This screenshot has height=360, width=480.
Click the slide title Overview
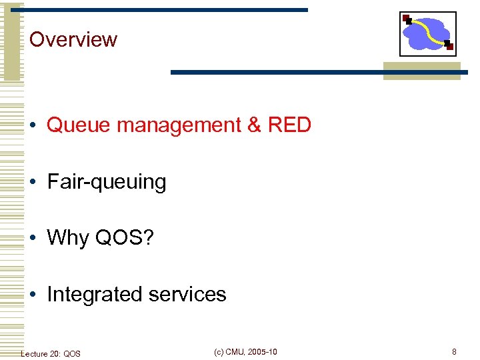click(73, 39)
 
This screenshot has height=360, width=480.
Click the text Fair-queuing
click(106, 182)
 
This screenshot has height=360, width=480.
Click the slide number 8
click(454, 352)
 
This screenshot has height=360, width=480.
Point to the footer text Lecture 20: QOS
click(51, 353)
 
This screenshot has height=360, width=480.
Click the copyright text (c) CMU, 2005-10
click(245, 352)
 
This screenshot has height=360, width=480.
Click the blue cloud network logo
click(427, 34)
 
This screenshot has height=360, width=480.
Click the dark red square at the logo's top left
click(407, 19)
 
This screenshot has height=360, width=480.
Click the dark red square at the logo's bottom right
click(449, 46)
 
